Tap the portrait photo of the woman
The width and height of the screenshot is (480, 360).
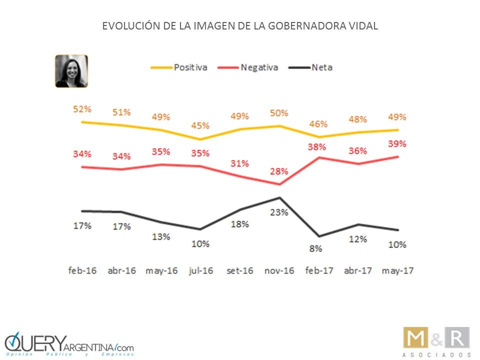71,71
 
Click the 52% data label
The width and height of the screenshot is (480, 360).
81,109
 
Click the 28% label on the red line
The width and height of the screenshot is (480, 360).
278,171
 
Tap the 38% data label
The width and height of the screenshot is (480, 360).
317,147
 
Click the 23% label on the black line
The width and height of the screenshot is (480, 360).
278,212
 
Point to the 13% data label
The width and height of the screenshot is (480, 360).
160,236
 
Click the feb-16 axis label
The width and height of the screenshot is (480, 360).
83,271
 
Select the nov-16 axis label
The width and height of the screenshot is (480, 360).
278,271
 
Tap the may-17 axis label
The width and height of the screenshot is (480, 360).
397,271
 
